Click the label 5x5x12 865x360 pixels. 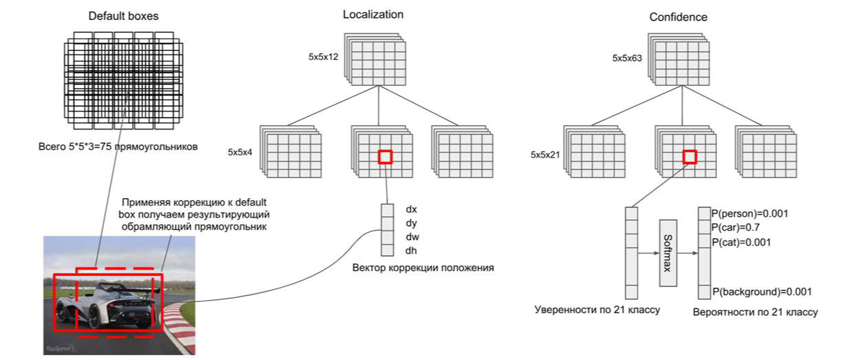click(323, 58)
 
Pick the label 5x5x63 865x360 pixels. click(627, 59)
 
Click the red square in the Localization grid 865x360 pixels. click(385, 157)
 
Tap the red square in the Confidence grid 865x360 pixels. click(690, 158)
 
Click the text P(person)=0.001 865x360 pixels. click(750, 213)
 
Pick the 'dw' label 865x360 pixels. click(412, 236)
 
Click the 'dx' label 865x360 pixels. click(412, 208)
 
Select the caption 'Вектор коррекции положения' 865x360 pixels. click(423, 267)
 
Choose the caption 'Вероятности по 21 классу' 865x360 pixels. click(756, 312)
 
